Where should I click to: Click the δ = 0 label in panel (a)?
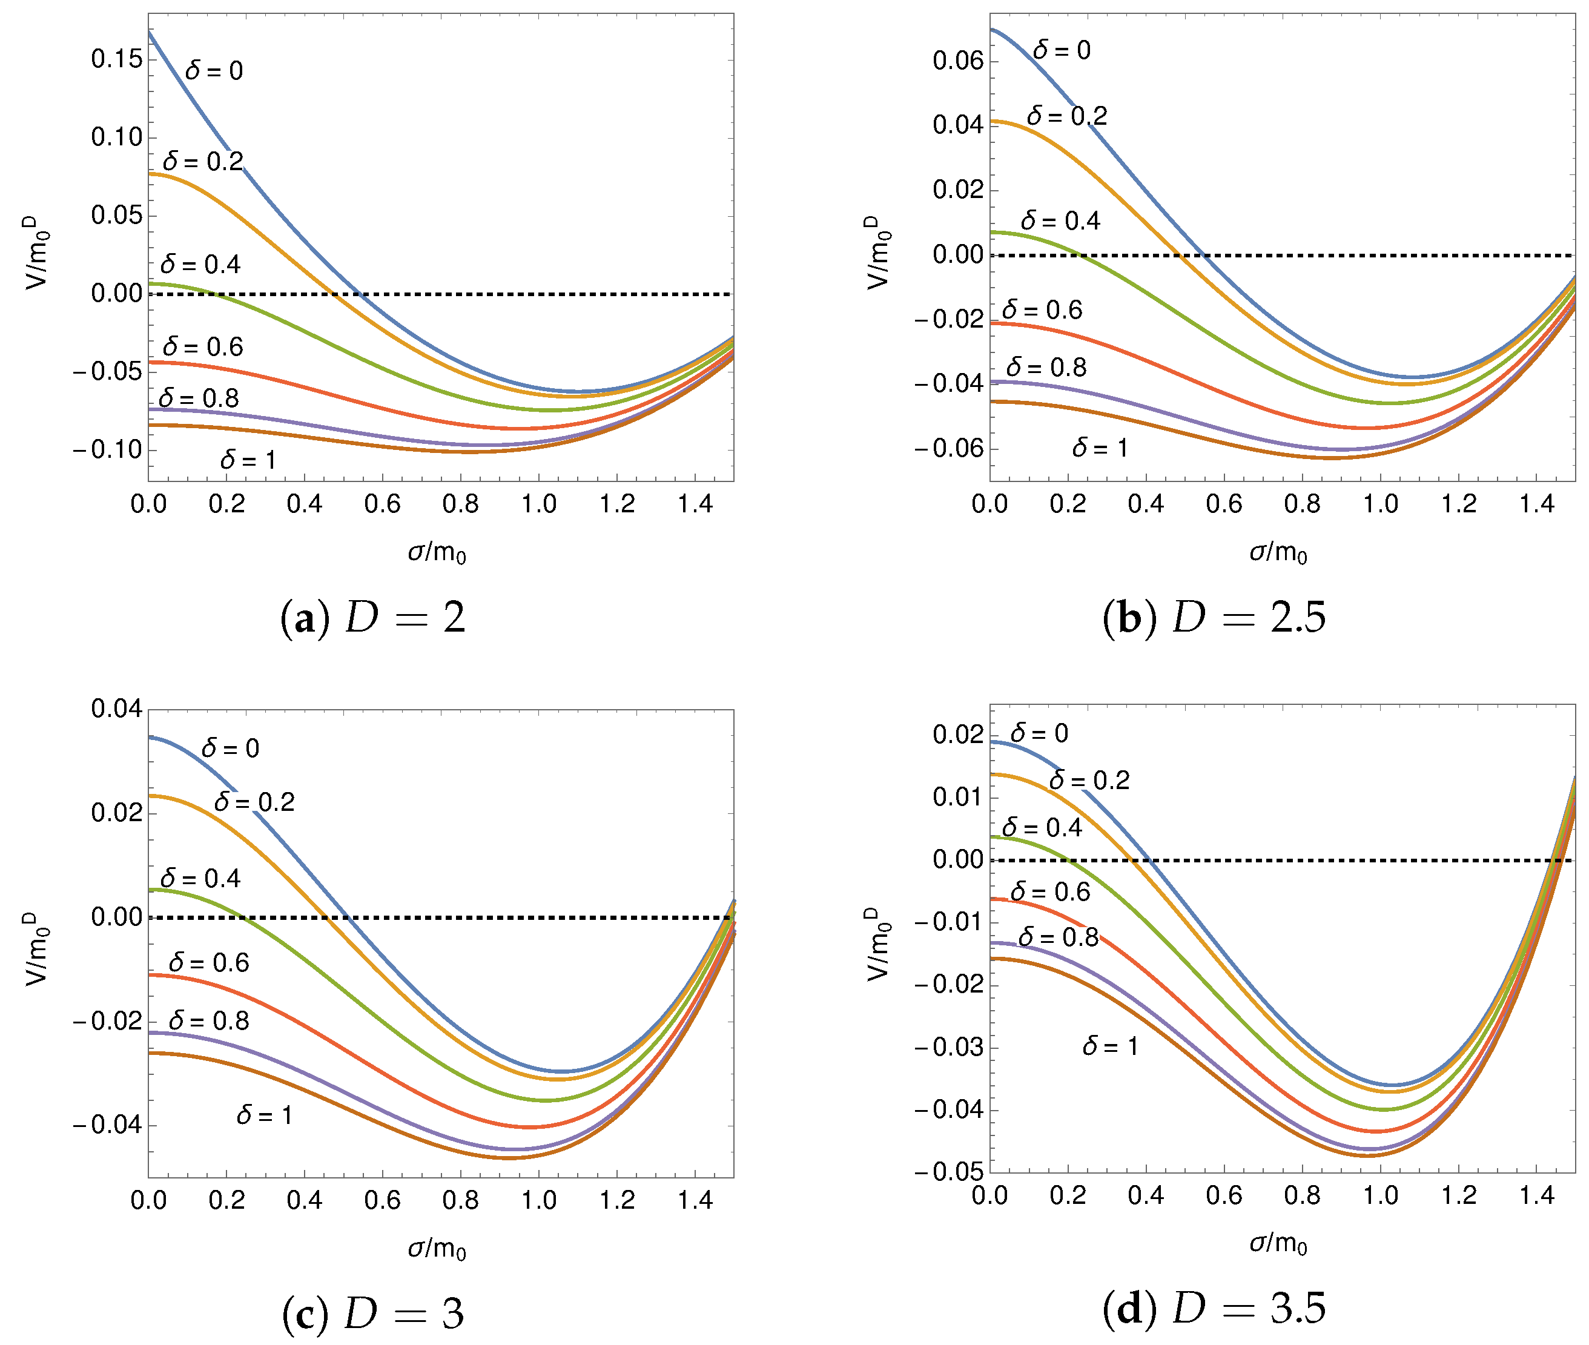coord(214,71)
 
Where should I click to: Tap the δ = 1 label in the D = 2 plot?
coord(248,460)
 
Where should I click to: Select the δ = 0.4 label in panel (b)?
coord(1060,221)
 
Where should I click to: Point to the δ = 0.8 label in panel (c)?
coord(208,1021)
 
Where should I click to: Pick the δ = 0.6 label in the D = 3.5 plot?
coord(1050,892)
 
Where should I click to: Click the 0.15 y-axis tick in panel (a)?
coord(117,59)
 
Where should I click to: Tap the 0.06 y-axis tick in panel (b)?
coord(959,61)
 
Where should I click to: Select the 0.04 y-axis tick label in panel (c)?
coord(117,709)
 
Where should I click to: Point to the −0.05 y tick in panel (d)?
coord(948,1172)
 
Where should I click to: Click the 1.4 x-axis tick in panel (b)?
coord(1536,504)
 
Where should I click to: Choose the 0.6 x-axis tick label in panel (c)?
coord(382,1201)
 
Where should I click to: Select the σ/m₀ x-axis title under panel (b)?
coord(1278,552)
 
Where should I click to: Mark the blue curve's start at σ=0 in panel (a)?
coord(150,32)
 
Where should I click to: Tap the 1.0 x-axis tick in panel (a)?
coord(538,504)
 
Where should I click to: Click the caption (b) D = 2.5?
coord(1214,617)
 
